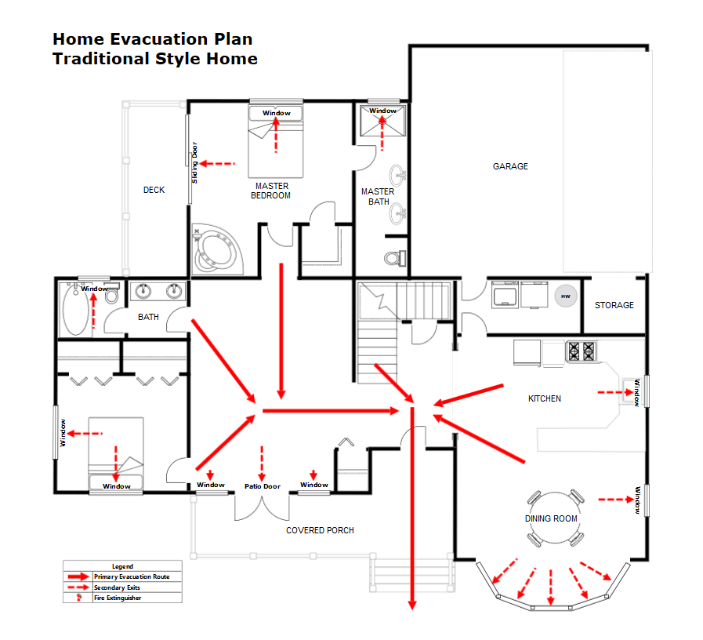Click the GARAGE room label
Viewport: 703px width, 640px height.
[510, 166]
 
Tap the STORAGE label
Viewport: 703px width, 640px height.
[614, 305]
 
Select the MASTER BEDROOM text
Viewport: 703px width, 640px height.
[270, 191]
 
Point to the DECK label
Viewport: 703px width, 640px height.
[154, 190]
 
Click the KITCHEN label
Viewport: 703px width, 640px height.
[545, 398]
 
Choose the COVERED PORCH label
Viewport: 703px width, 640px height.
[320, 530]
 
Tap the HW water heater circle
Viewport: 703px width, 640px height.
[565, 296]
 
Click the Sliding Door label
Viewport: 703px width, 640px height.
[195, 162]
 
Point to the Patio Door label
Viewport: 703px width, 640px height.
[262, 486]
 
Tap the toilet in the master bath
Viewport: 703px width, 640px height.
[396, 258]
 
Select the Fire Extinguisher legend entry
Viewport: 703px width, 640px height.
[118, 598]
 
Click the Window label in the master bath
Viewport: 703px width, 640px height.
[383, 111]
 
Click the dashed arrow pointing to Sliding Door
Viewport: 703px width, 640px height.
[217, 163]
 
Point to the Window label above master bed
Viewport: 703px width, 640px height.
[276, 113]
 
